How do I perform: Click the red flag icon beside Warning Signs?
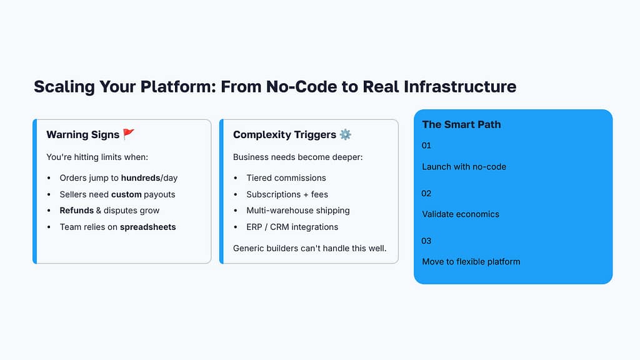click(x=128, y=134)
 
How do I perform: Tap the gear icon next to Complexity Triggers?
click(x=346, y=134)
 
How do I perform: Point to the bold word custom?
click(x=126, y=194)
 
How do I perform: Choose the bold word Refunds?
click(x=76, y=211)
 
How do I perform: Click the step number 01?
click(x=426, y=146)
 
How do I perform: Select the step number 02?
click(x=426, y=193)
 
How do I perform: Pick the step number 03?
click(x=426, y=241)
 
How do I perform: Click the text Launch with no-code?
click(x=464, y=167)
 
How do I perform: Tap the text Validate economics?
click(x=461, y=214)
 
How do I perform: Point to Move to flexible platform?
click(x=471, y=261)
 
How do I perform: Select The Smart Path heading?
click(x=461, y=124)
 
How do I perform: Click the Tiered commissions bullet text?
click(x=286, y=178)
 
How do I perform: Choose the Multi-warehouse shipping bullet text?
click(x=298, y=211)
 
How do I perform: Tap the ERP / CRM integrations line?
click(x=292, y=227)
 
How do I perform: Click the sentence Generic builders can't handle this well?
click(x=310, y=248)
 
